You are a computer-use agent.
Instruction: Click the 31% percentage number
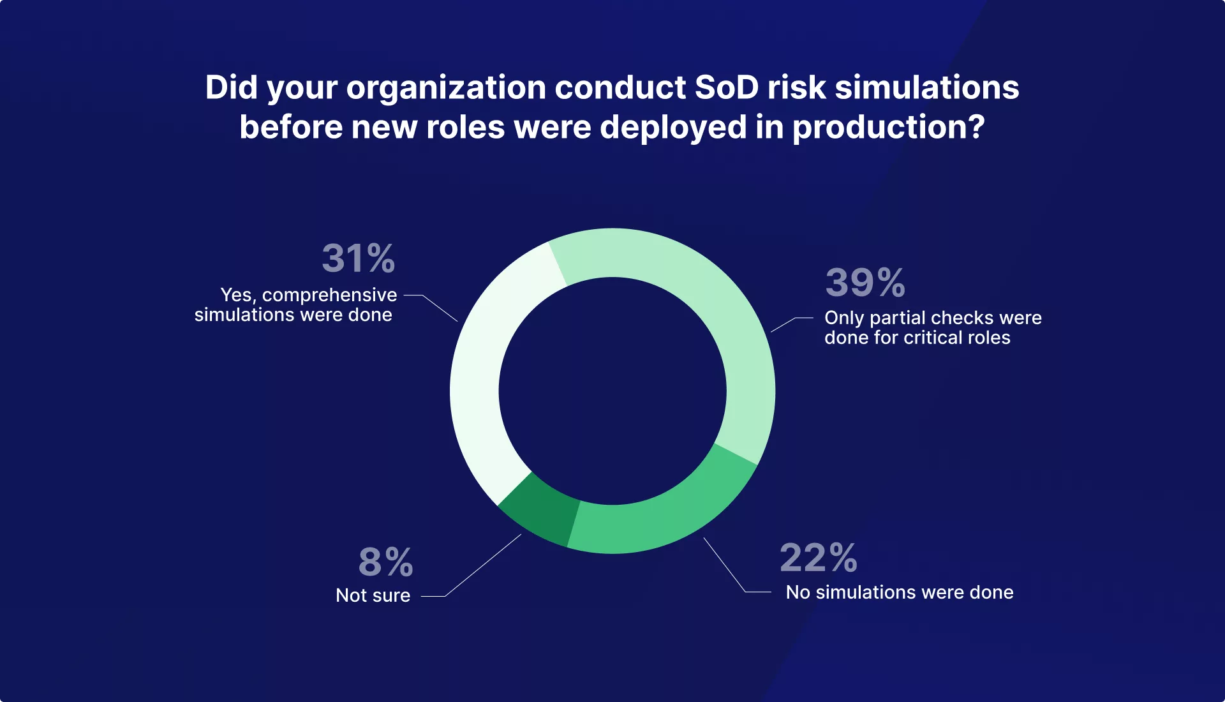click(359, 258)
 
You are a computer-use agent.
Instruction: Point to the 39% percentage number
click(865, 283)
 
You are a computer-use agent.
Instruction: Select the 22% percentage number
click(819, 558)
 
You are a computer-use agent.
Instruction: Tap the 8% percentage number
click(386, 562)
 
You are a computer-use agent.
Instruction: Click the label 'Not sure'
click(373, 595)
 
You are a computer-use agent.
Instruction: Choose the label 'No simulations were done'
click(900, 592)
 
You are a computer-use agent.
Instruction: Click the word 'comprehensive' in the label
click(329, 295)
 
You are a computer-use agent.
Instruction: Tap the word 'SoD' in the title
click(727, 87)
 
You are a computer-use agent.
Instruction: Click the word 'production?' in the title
click(889, 127)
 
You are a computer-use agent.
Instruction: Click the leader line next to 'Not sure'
click(482, 565)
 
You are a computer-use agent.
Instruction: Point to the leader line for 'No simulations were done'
click(725, 565)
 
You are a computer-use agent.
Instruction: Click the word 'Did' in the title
click(231, 87)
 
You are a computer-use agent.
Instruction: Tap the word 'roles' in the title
click(465, 127)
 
